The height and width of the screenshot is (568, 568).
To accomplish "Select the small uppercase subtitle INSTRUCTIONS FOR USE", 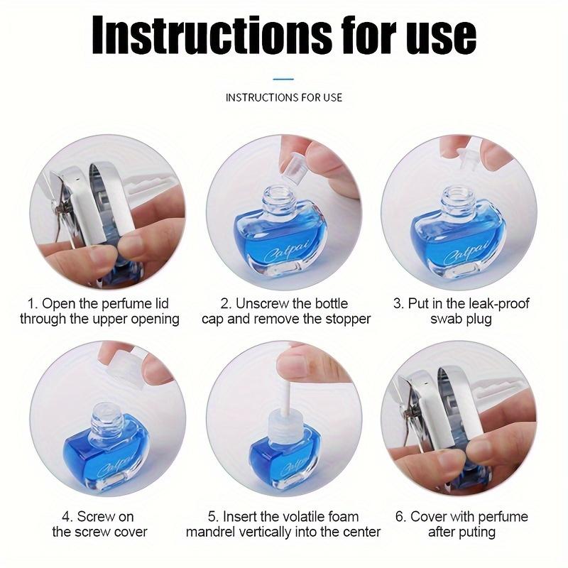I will [x=283, y=97].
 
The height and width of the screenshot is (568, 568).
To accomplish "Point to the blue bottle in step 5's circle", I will [x=284, y=454].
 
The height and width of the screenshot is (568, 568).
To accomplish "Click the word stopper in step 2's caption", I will [x=344, y=319].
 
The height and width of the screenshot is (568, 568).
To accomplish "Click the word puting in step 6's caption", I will [x=475, y=532].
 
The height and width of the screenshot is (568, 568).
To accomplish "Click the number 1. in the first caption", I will [x=33, y=304].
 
